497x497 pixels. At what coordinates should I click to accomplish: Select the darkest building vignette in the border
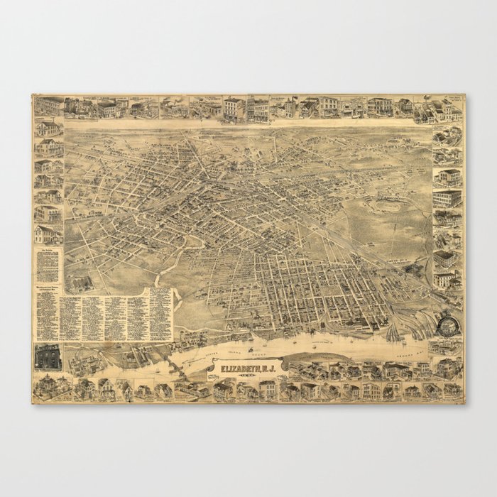(x=47, y=357)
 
